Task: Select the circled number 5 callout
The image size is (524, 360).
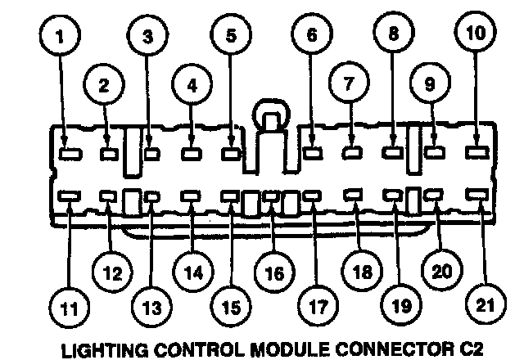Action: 230,38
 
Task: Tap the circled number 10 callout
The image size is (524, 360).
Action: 477,35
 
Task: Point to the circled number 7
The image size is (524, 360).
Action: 350,85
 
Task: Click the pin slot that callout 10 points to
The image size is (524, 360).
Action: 476,151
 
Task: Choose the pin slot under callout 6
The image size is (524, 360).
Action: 312,151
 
